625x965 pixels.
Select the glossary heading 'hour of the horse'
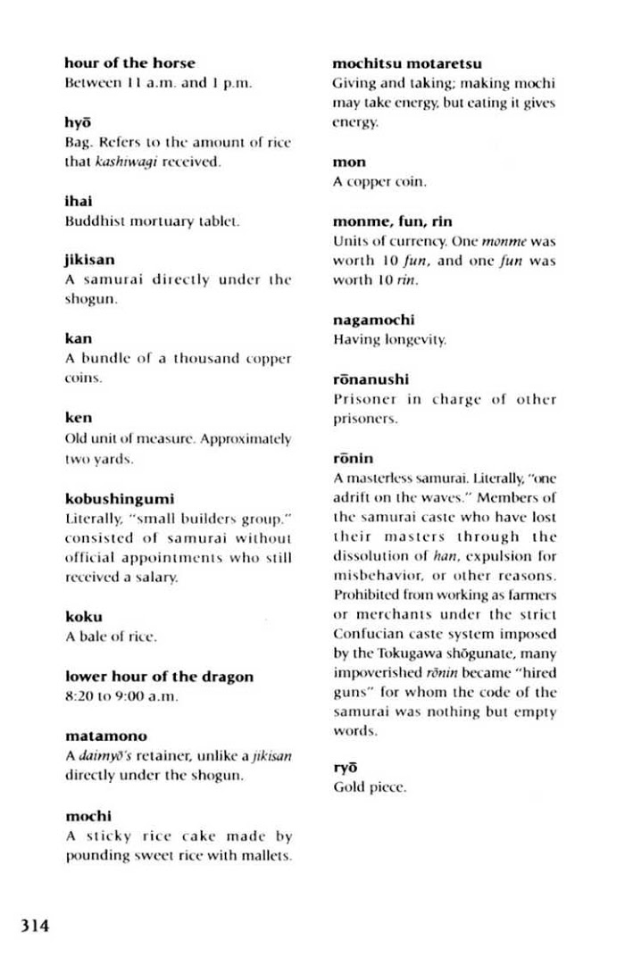point(129,63)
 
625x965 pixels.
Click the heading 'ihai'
point(79,201)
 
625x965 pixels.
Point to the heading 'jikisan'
point(90,261)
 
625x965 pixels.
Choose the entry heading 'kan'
point(79,339)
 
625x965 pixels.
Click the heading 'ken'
point(79,418)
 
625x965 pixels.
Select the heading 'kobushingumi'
point(120,498)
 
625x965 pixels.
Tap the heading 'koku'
point(84,617)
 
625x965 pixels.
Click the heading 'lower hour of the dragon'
point(160,677)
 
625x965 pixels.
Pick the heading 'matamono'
point(106,737)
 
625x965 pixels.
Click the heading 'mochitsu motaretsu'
point(407,63)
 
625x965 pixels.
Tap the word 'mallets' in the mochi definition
point(267,856)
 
